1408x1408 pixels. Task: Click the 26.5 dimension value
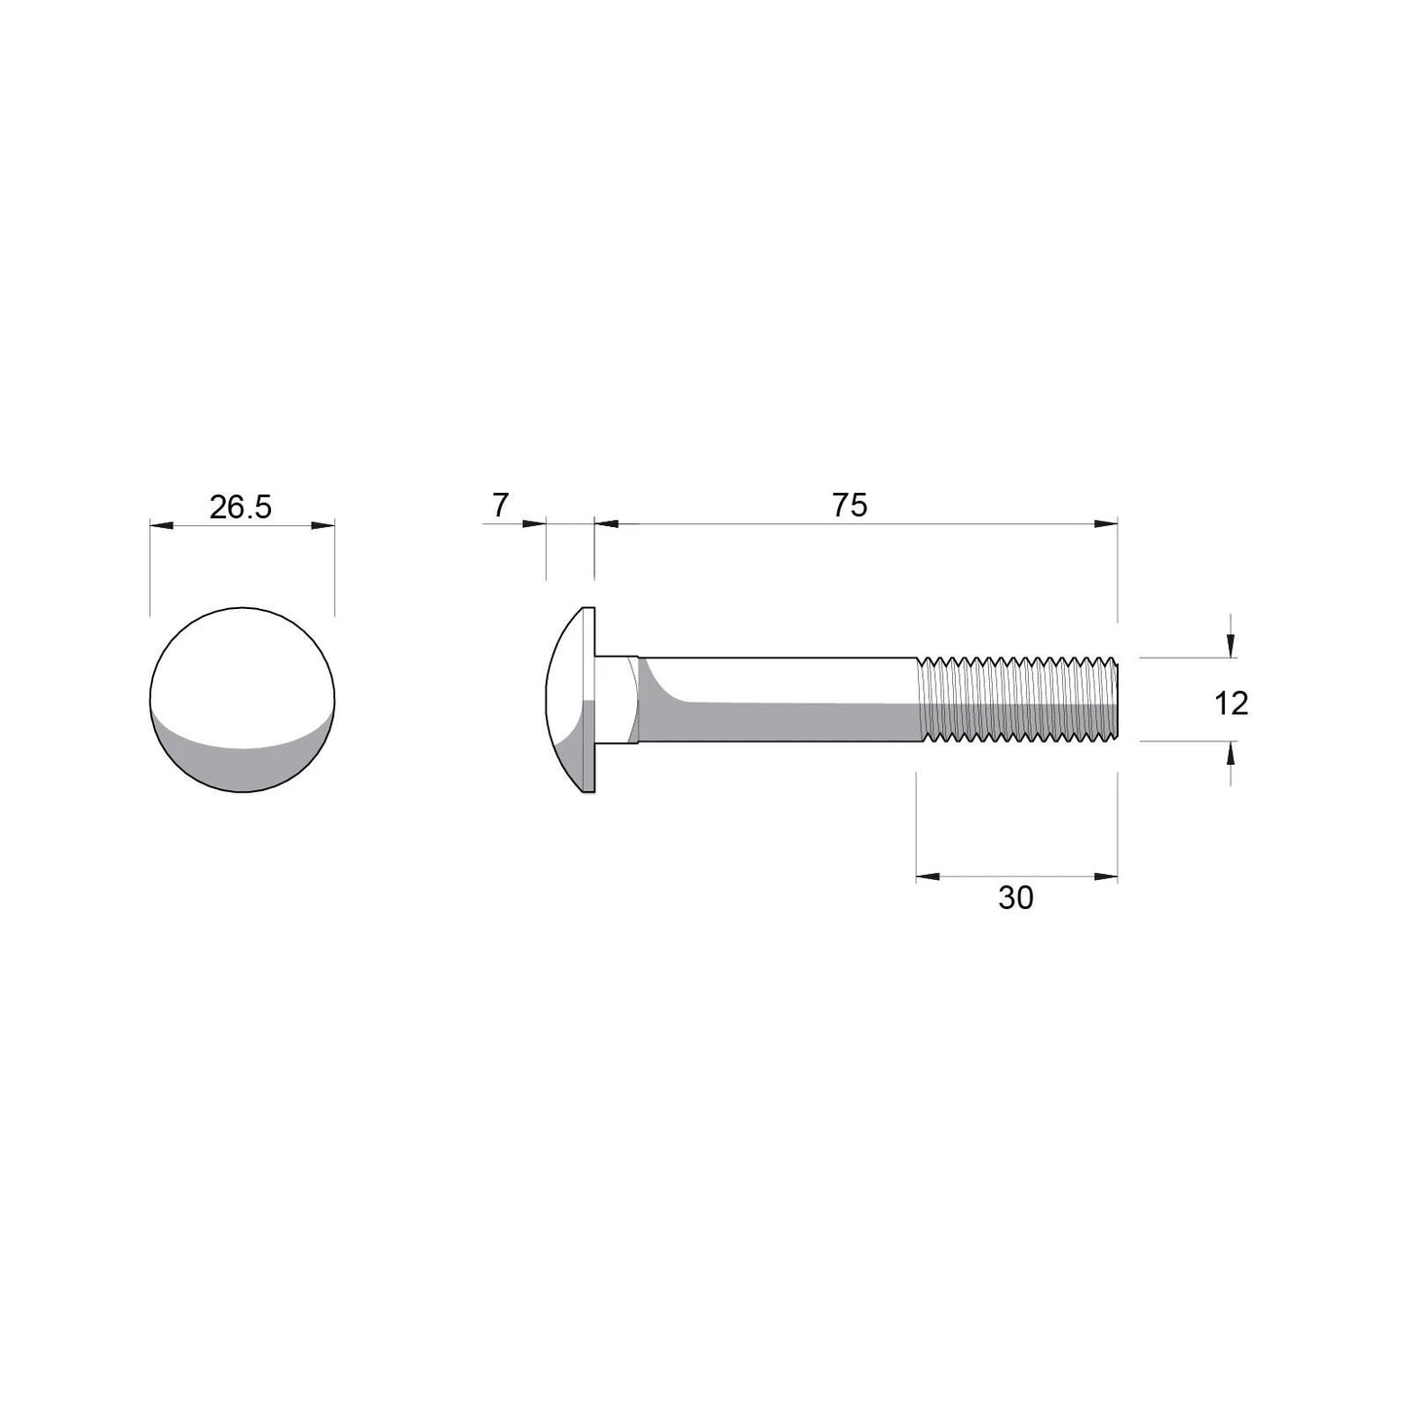241,507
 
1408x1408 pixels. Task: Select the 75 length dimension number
849,506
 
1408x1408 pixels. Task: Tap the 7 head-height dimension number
500,506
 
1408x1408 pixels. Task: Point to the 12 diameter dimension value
1231,703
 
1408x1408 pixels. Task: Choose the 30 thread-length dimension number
1015,898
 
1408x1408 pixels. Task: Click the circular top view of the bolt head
242,701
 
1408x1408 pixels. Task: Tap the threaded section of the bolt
1018,700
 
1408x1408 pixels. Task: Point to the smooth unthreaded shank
780,700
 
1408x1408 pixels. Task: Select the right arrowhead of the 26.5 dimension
323,525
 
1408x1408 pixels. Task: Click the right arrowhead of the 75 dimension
1105,524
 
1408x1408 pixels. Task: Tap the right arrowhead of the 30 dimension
1105,877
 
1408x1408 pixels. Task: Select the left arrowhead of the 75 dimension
607,524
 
